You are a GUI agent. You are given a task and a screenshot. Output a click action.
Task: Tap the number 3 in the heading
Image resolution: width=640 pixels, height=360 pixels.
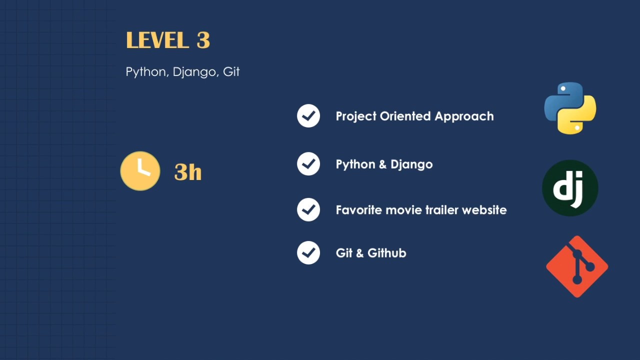203,40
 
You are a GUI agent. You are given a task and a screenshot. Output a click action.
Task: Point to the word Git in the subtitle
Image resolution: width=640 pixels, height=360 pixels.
231,71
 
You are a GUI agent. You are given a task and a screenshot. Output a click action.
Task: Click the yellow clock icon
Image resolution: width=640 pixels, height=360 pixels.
140,171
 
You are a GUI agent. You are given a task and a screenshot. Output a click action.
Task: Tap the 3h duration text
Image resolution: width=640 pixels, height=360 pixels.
188,172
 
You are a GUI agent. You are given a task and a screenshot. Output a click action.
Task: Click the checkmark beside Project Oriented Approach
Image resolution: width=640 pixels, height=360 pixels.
308,116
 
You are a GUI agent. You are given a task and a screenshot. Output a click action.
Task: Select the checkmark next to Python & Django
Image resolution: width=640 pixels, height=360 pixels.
308,164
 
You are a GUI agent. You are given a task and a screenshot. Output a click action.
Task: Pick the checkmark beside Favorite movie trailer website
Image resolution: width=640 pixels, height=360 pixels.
308,210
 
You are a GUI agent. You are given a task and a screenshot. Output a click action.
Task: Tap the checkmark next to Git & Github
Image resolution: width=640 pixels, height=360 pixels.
308,253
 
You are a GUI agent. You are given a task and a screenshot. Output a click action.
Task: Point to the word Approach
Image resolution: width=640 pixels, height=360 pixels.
464,116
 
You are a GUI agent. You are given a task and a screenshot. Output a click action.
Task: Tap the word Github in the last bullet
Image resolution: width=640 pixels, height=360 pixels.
387,253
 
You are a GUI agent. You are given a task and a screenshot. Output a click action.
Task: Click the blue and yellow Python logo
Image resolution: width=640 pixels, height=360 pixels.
570,108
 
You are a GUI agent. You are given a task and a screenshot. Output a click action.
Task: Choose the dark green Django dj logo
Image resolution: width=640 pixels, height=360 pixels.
570,188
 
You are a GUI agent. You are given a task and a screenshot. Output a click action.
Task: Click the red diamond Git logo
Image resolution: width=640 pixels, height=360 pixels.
577,266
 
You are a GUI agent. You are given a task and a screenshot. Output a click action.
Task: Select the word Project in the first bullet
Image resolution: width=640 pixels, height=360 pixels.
356,116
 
